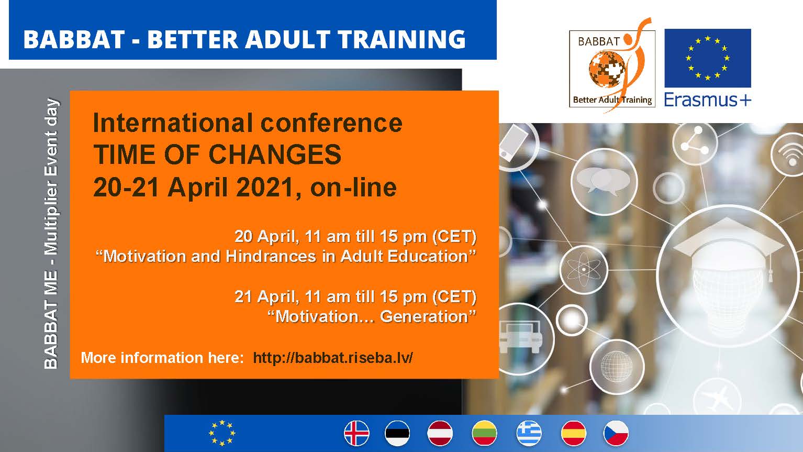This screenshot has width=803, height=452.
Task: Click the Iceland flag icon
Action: [x=356, y=433]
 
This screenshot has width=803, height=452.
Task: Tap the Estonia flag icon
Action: [x=397, y=433]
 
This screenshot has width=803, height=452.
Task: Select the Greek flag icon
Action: [x=529, y=433]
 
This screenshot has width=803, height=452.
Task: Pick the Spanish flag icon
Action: [x=574, y=433]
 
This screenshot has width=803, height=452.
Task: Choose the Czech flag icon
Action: [x=616, y=433]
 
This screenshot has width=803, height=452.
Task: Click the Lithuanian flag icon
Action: [x=485, y=433]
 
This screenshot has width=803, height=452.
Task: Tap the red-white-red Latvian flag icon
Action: [x=440, y=433]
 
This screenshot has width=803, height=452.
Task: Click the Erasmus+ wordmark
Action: [x=708, y=100]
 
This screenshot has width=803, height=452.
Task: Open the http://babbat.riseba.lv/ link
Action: [x=333, y=358]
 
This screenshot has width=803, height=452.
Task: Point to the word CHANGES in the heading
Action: [x=275, y=155]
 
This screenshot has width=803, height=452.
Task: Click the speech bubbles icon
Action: [x=604, y=181]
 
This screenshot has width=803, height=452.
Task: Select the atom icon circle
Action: [x=584, y=269]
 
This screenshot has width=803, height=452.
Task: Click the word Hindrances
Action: [x=271, y=256]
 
